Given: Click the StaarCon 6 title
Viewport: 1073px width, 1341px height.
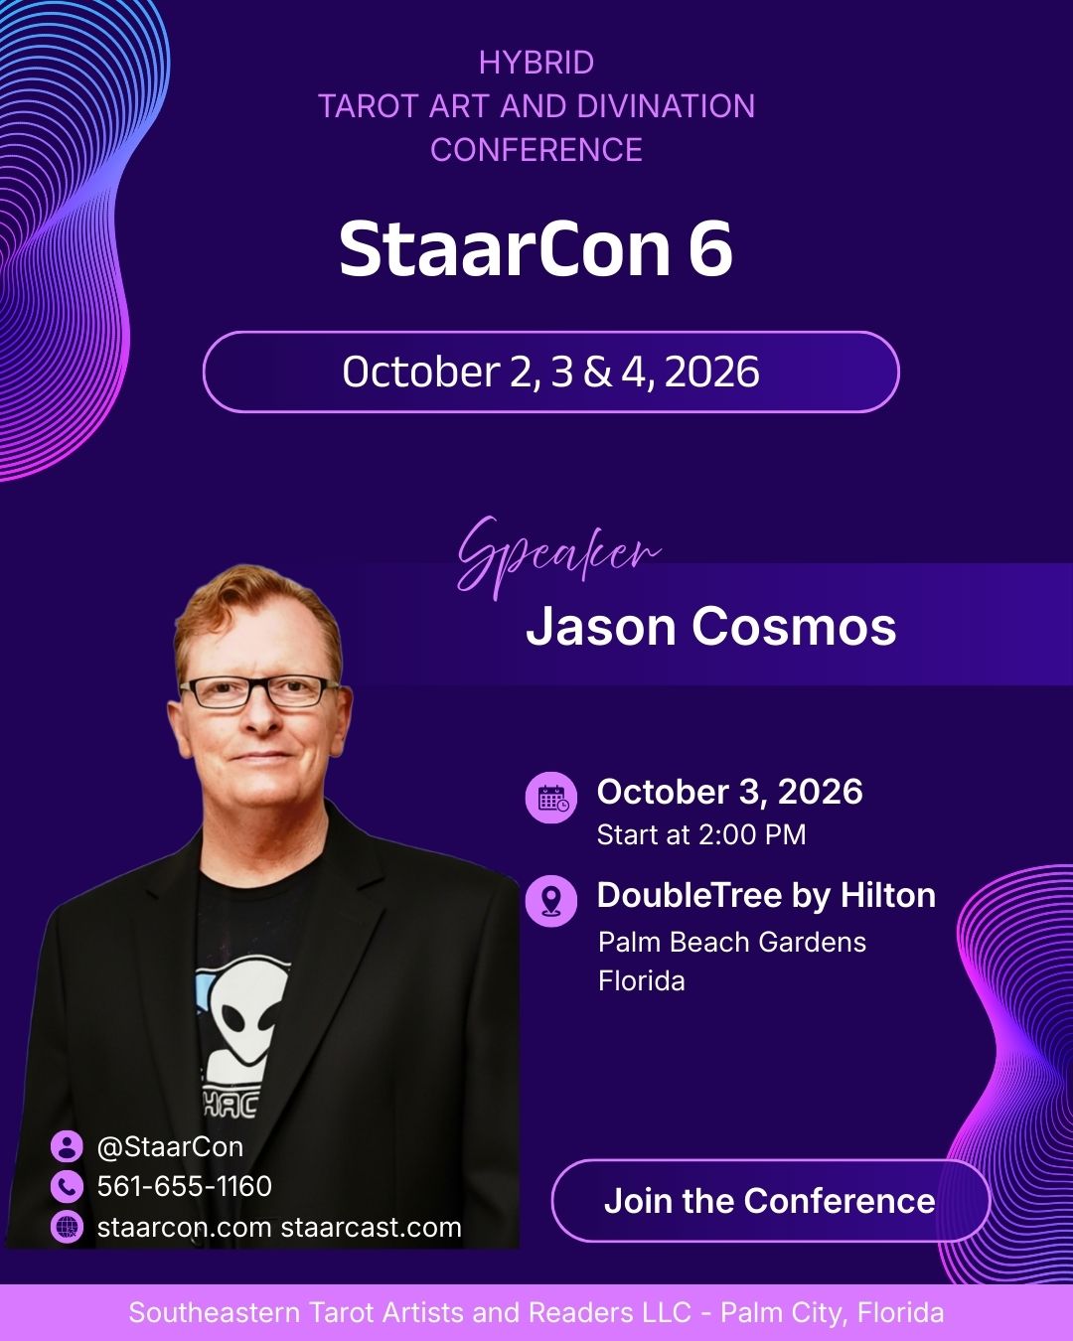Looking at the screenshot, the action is (x=536, y=248).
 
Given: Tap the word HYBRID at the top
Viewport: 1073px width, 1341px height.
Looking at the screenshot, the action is (x=536, y=63).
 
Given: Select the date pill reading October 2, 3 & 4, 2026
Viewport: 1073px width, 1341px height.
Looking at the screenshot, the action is (x=551, y=372).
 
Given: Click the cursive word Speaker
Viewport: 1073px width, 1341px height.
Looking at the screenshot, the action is (x=559, y=556).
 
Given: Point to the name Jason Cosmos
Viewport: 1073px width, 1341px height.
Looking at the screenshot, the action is (x=711, y=626).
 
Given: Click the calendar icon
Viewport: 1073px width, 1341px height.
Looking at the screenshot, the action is (x=551, y=797).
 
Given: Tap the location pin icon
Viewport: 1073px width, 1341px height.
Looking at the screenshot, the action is (x=551, y=900).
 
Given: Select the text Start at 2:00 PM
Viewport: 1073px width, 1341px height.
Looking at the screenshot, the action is (x=701, y=835).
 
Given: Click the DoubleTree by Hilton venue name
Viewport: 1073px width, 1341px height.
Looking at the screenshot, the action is (x=766, y=895).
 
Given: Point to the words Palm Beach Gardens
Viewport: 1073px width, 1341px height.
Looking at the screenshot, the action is (x=732, y=943).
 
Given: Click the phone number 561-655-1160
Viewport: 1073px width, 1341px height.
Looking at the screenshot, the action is (x=185, y=1186).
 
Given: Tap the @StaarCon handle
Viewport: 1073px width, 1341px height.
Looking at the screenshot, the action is (x=170, y=1147).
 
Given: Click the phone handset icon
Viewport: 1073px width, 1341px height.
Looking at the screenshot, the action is (x=67, y=1186).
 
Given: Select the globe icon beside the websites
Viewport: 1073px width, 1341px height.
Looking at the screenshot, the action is (x=67, y=1228).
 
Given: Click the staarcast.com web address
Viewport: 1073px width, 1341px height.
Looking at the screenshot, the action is (x=371, y=1228).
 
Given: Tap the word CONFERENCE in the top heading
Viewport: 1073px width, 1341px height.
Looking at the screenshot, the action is (x=536, y=150).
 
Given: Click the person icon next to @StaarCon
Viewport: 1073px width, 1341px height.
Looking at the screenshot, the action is (x=67, y=1146).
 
